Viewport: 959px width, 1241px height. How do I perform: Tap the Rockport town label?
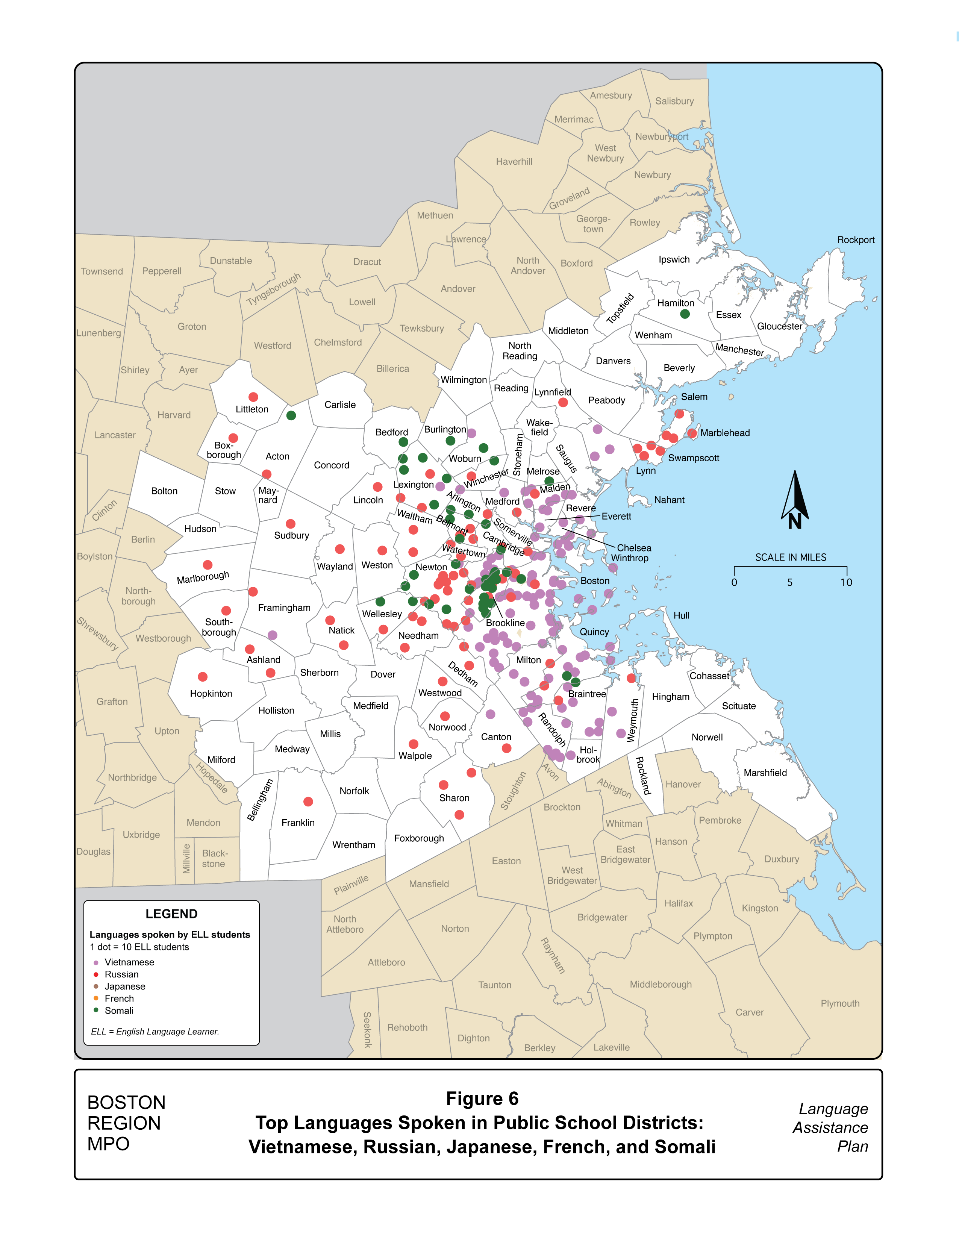(x=856, y=240)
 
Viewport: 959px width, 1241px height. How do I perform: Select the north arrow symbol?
(x=795, y=500)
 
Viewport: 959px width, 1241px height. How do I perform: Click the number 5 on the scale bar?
(x=790, y=582)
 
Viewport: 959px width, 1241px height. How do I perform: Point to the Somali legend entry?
(x=119, y=1010)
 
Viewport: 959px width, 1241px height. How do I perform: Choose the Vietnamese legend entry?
(x=129, y=962)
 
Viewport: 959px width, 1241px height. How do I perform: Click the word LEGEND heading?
(x=171, y=914)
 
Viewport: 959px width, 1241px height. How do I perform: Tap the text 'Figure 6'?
(x=482, y=1099)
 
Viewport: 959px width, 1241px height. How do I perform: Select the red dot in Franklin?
(x=308, y=802)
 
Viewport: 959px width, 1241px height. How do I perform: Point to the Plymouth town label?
(x=840, y=1003)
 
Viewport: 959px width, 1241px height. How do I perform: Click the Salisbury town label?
(x=674, y=101)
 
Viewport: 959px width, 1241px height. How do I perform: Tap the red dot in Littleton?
(x=253, y=397)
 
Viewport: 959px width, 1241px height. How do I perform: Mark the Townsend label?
(x=102, y=271)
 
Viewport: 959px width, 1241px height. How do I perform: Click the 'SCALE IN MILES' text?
(x=790, y=558)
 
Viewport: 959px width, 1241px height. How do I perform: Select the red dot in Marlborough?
(x=208, y=565)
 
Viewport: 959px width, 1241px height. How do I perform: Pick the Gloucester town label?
(x=779, y=326)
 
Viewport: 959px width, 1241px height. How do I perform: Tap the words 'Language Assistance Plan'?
(x=830, y=1127)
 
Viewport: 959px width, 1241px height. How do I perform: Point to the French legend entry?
(x=119, y=999)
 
